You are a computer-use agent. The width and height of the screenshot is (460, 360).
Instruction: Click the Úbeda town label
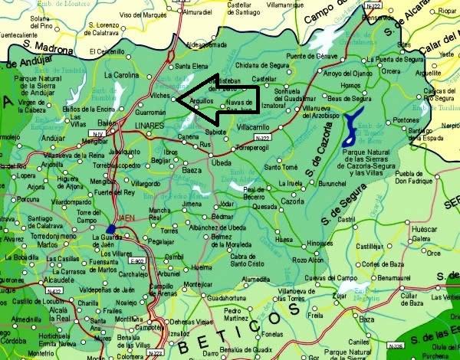[x=221, y=162]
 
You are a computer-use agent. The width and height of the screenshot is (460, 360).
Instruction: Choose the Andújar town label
[x=53, y=139]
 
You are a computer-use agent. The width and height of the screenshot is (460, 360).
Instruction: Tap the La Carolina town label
[x=121, y=75]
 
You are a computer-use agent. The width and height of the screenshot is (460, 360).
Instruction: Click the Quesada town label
[x=264, y=206]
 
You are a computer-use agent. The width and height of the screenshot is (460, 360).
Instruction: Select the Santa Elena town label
[x=192, y=67]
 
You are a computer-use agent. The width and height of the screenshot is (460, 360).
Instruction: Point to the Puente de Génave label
[x=311, y=57]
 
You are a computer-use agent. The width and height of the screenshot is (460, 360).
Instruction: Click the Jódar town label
[x=226, y=205]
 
